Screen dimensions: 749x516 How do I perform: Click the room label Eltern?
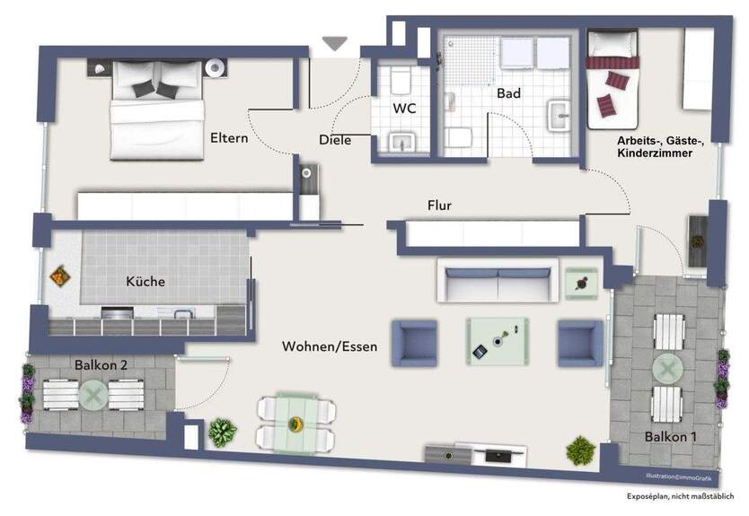click(x=229, y=138)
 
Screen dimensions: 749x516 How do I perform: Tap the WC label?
click(x=404, y=109)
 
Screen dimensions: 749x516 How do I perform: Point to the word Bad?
click(x=508, y=93)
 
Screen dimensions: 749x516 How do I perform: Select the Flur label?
click(x=439, y=206)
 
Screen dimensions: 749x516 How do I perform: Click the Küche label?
click(x=145, y=281)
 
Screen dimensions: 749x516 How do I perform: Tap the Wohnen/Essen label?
click(x=330, y=346)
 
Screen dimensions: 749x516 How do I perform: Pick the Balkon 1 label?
click(x=670, y=436)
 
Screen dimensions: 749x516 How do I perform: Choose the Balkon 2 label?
click(x=101, y=365)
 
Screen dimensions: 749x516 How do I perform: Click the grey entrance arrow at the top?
click(x=334, y=43)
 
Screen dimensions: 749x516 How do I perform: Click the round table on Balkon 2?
click(x=93, y=395)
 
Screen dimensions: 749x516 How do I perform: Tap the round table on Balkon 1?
click(x=667, y=369)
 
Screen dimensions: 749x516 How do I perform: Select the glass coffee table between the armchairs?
click(x=498, y=342)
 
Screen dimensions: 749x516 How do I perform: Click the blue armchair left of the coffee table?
click(x=415, y=343)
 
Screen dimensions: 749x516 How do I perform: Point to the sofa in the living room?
click(x=498, y=281)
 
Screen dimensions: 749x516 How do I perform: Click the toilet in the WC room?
click(x=401, y=80)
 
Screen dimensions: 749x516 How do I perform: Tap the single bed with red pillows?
click(x=612, y=80)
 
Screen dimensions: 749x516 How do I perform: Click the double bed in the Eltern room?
click(x=157, y=109)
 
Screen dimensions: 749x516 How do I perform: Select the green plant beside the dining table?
click(x=222, y=433)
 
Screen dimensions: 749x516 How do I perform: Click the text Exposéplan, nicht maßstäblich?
click(x=680, y=496)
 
